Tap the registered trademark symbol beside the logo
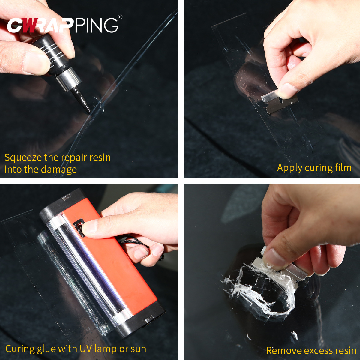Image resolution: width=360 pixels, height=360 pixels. coord(120,17)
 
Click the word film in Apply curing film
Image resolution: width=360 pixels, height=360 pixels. coord(343,168)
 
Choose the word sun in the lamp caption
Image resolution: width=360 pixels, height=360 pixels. coord(138,349)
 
